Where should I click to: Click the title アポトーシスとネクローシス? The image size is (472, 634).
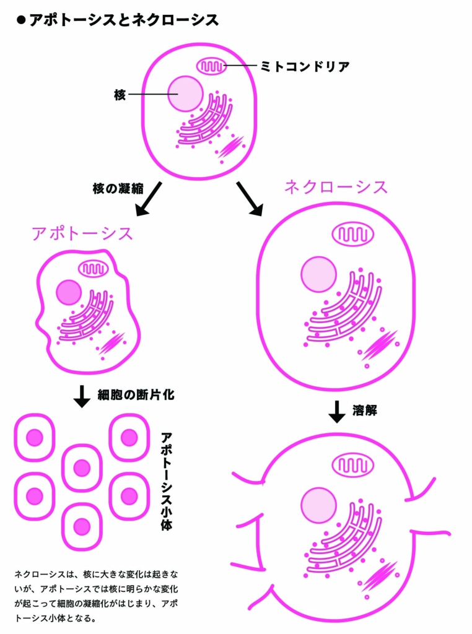click(123, 20)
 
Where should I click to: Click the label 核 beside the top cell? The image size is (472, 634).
click(120, 95)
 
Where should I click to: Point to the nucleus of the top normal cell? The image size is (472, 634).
click(185, 93)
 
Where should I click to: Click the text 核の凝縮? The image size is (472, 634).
click(118, 189)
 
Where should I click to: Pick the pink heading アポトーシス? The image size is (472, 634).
click(82, 234)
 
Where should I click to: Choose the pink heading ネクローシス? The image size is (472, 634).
click(336, 187)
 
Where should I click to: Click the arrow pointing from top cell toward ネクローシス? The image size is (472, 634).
click(249, 199)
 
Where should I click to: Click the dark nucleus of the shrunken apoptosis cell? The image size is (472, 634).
click(69, 292)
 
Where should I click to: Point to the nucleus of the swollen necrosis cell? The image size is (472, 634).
click(318, 275)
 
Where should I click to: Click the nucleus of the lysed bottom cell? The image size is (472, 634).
click(318, 505)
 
